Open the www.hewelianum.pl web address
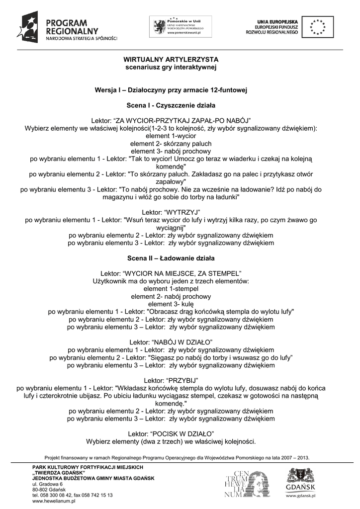click(53, 502)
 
